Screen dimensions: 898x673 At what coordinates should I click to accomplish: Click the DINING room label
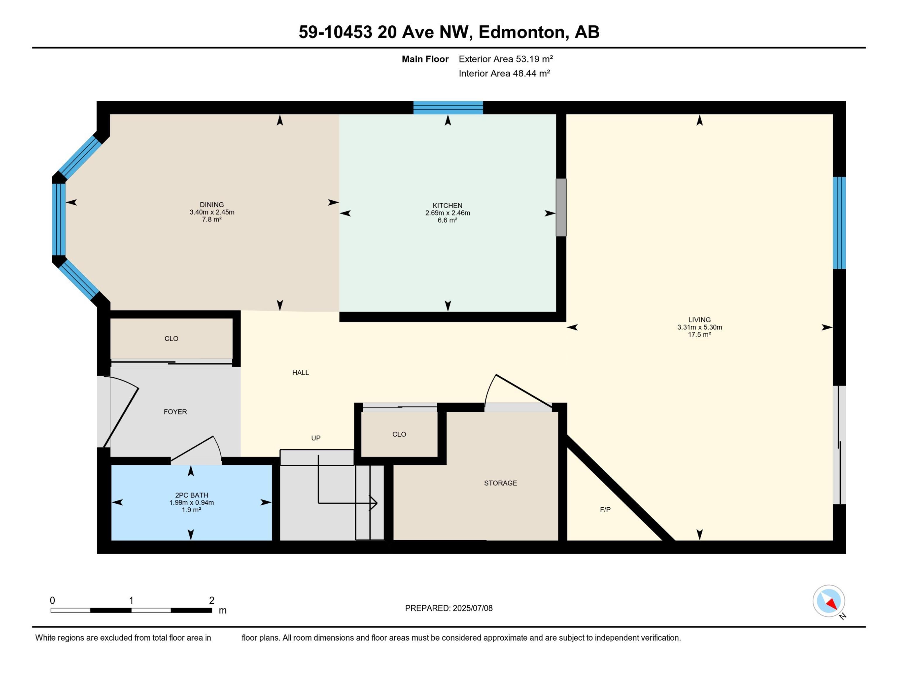click(212, 205)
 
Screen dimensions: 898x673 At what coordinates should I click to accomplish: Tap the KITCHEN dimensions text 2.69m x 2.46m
click(447, 213)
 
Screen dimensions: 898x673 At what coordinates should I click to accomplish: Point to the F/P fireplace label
click(605, 509)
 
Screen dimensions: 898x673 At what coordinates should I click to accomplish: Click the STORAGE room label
click(500, 483)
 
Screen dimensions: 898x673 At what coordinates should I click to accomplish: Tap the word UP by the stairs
click(315, 438)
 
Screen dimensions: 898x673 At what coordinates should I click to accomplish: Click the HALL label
click(301, 373)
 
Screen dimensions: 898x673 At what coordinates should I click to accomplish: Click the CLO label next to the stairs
click(399, 434)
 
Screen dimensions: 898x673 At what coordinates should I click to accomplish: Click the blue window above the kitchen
click(448, 107)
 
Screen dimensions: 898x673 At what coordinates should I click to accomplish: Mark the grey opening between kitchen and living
click(561, 207)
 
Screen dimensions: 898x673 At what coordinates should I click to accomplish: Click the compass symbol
click(829, 601)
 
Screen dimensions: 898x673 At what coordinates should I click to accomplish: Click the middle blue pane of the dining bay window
click(59, 219)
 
